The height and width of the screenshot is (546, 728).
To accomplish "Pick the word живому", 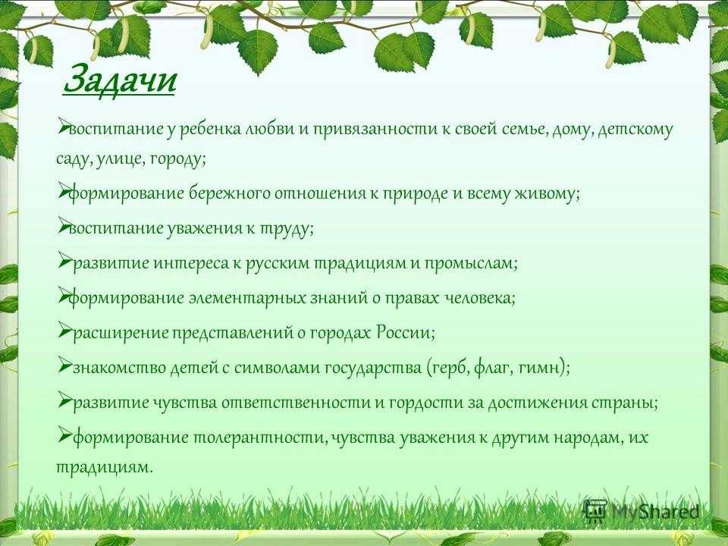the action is (548, 193).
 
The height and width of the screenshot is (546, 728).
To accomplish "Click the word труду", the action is (286, 228).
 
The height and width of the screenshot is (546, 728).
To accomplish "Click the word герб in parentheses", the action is (448, 368).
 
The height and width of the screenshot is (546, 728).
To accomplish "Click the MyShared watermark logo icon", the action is (595, 511).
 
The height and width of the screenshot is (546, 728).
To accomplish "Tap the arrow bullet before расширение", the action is (64, 328).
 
